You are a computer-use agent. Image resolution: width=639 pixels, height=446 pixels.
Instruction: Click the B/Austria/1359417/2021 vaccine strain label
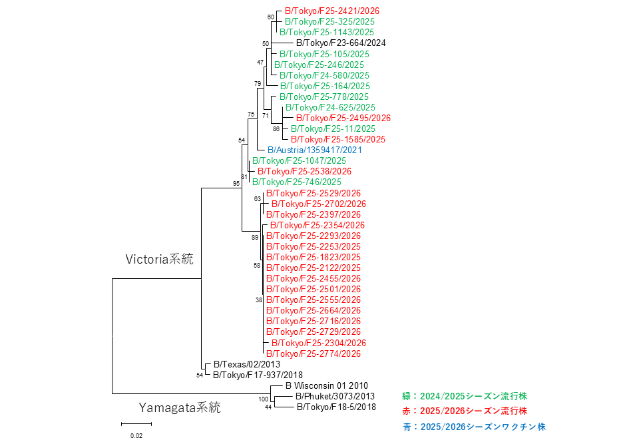[315, 150]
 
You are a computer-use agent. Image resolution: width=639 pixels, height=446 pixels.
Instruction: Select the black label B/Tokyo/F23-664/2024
[341, 43]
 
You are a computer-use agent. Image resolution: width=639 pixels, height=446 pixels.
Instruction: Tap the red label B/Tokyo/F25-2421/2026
[332, 11]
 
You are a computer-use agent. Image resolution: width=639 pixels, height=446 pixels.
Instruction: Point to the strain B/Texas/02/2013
[247, 365]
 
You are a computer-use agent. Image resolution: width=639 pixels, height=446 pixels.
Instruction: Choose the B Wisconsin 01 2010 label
[326, 385]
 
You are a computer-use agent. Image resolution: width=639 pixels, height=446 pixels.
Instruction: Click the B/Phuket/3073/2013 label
[335, 396]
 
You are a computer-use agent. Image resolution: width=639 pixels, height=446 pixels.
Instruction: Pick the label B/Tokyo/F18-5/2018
[336, 407]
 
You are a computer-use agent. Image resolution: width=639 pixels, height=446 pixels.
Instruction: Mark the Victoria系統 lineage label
[159, 259]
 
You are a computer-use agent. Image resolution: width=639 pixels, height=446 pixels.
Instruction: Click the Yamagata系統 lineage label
[180, 407]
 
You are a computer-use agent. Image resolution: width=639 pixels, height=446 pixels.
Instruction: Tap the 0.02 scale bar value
[136, 436]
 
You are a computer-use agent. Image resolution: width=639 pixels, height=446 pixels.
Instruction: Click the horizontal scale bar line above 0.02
[136, 424]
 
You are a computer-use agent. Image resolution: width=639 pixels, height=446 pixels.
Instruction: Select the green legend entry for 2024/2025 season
[465, 396]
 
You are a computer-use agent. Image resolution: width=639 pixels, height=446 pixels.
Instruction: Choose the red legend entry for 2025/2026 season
[465, 411]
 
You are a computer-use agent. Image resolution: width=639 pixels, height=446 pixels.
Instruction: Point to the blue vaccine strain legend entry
[475, 427]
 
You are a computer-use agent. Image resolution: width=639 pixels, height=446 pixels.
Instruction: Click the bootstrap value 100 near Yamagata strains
[264, 399]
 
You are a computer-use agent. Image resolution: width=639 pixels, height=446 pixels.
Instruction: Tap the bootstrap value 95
[236, 184]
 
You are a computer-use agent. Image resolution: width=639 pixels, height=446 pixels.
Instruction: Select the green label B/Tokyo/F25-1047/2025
[299, 160]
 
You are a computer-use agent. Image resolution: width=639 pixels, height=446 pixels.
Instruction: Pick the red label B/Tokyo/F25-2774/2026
[314, 354]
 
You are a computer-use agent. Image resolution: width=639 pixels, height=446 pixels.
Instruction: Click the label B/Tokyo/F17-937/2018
[258, 375]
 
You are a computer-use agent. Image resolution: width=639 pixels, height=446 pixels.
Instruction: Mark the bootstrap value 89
[255, 237]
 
